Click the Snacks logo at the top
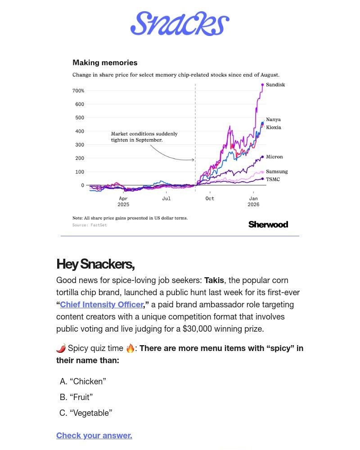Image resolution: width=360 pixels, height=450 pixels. tap(180, 24)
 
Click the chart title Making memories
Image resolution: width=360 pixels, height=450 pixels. tap(105, 63)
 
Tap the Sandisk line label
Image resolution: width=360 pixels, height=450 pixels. tap(275, 85)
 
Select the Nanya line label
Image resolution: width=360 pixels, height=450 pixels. tap(273, 119)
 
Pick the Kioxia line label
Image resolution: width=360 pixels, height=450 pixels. tap(273, 127)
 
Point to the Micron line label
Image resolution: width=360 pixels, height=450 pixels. tap(274, 157)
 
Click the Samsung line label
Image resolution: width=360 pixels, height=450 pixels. tap(277, 171)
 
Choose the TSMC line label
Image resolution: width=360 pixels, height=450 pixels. tap(273, 179)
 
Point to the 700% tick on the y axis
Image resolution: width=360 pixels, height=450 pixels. tap(78, 91)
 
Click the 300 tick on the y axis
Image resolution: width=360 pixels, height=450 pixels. tap(79, 145)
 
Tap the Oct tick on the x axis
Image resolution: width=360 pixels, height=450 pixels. tap(210, 198)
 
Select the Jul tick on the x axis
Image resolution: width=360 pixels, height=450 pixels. tap(166, 198)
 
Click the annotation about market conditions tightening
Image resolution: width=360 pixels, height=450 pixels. tap(144, 137)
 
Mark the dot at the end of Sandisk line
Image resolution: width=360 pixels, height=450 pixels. tap(262, 85)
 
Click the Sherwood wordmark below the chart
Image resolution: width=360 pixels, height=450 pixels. tap(268, 225)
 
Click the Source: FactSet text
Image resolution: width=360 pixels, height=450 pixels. tap(90, 225)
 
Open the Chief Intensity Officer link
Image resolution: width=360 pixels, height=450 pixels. tap(101, 305)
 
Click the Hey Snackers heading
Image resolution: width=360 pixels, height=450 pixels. tap(95, 264)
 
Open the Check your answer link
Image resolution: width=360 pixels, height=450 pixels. tap(94, 435)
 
